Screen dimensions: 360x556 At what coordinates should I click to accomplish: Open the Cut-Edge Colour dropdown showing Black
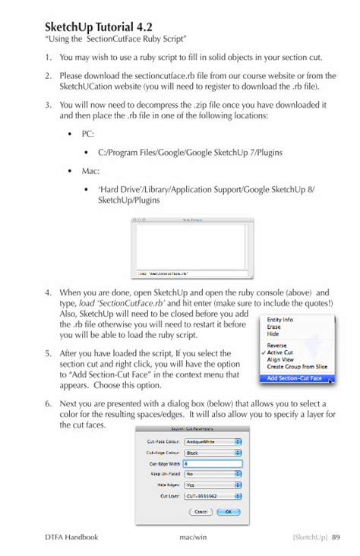[213, 453]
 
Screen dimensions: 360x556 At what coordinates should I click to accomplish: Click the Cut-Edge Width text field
[213, 463]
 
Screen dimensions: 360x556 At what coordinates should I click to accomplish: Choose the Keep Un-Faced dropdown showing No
[213, 474]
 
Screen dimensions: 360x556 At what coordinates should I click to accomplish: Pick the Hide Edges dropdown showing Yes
[213, 485]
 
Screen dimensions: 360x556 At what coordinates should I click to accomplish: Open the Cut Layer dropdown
[213, 495]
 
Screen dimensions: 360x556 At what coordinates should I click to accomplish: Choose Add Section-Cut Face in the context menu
[294, 378]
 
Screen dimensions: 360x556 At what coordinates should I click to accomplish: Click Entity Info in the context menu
[280, 320]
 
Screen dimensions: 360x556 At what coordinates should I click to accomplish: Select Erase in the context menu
[274, 327]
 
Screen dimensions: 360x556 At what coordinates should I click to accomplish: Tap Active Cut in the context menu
[279, 352]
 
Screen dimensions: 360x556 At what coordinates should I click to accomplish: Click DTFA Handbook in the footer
[71, 537]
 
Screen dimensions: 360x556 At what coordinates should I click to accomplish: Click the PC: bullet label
[88, 134]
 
